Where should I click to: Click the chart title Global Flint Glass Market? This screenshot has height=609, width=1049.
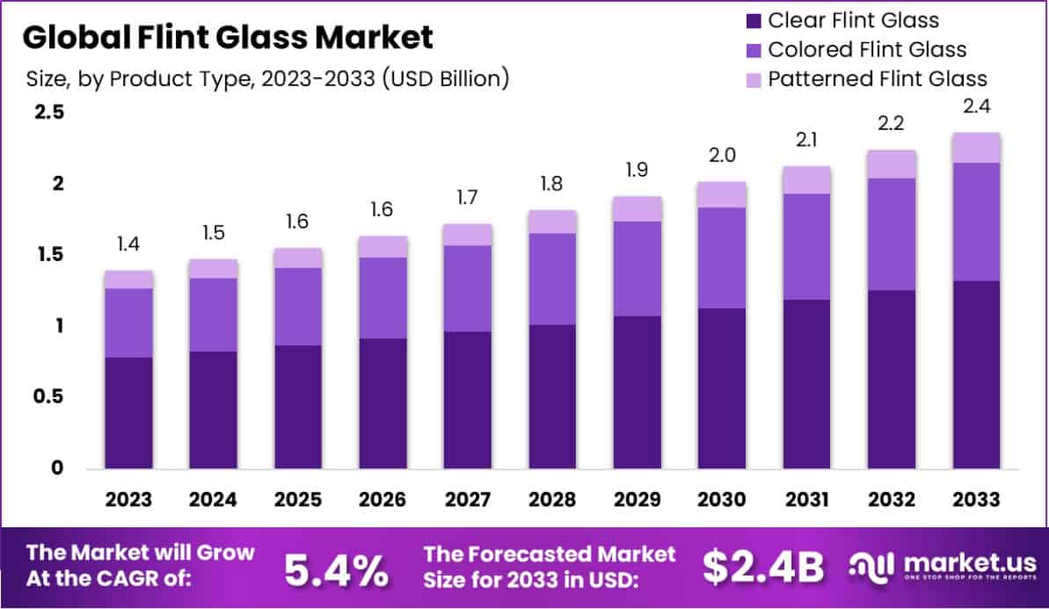click(x=228, y=38)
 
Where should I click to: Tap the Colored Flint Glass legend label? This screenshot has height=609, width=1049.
click(x=867, y=49)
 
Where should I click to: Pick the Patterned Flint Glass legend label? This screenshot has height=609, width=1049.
click(x=878, y=78)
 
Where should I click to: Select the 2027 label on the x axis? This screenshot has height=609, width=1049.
click(x=468, y=500)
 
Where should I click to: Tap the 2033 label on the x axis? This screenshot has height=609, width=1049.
click(x=976, y=500)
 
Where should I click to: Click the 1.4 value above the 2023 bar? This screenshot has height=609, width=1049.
click(x=129, y=244)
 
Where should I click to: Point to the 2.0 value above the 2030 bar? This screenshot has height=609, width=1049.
click(x=722, y=156)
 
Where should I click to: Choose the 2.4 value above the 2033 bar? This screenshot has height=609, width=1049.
click(x=976, y=107)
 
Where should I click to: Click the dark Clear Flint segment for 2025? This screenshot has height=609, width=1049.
click(x=298, y=406)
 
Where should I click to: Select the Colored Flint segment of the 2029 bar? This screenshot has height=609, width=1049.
click(x=637, y=268)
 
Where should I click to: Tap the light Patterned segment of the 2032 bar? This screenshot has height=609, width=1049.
click(x=892, y=164)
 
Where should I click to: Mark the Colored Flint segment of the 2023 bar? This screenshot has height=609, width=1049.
click(x=129, y=323)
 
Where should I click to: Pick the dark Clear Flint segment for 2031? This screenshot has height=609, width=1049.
click(x=807, y=383)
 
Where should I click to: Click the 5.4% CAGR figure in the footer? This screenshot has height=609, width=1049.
click(x=336, y=569)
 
